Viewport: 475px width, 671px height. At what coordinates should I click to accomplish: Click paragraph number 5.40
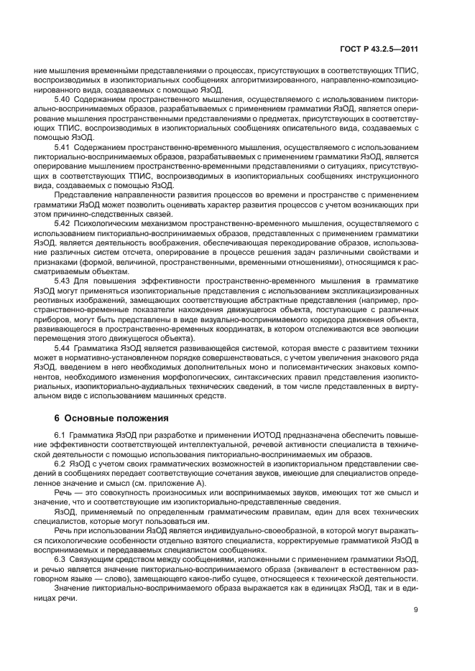[x=63, y=98]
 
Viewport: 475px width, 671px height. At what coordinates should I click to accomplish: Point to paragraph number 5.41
[x=63, y=146]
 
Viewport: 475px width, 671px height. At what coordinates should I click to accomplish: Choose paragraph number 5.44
[x=63, y=347]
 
